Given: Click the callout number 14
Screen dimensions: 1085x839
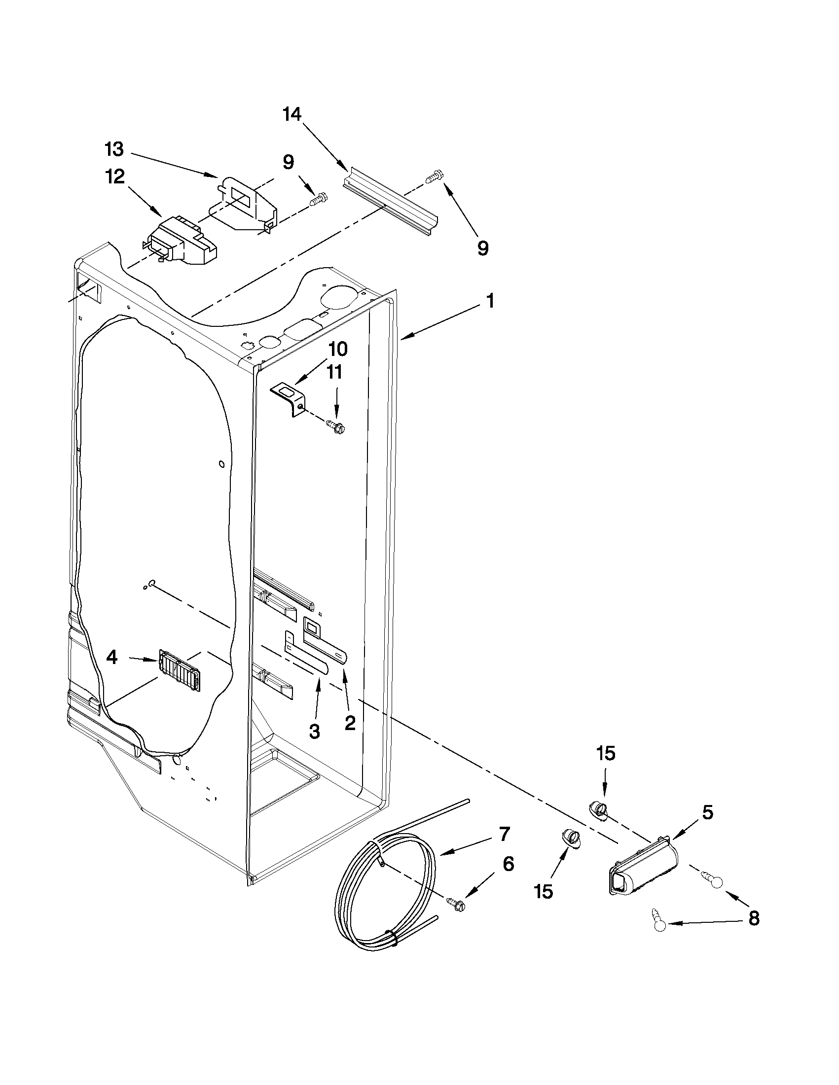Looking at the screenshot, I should (x=292, y=115).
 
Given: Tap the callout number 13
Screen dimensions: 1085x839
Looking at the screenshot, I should (x=114, y=148).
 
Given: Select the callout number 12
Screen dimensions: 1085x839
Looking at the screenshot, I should (x=115, y=176).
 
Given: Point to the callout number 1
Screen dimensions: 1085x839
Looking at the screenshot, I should (x=490, y=301).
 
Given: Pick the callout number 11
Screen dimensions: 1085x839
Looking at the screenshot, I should (x=334, y=372).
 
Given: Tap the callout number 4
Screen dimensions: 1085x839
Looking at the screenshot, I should (x=112, y=658).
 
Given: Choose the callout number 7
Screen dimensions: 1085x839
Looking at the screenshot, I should (x=504, y=834).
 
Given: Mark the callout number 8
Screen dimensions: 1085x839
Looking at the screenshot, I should (x=754, y=918).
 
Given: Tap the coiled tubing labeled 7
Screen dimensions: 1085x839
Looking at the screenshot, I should (x=378, y=894).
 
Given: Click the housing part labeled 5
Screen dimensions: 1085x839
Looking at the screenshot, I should (x=641, y=868).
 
